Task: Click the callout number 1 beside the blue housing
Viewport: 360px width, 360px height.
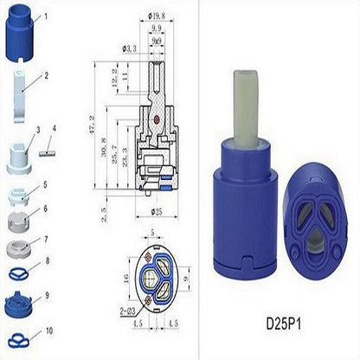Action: pyautogui.click(x=46, y=16)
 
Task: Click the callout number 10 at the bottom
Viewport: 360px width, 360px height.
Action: pyautogui.click(x=48, y=331)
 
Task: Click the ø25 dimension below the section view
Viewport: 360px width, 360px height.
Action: pyautogui.click(x=156, y=210)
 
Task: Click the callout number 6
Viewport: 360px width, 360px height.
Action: pyautogui.click(x=47, y=209)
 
